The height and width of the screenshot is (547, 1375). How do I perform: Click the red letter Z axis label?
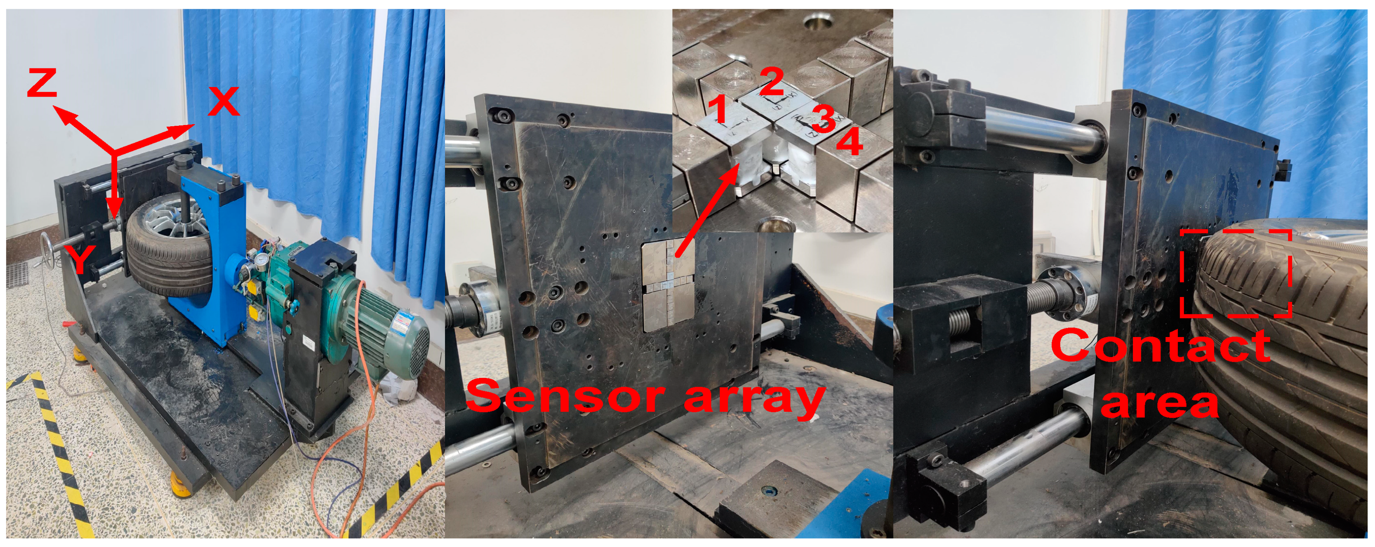click(42, 84)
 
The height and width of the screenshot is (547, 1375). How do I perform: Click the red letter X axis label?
click(223, 101)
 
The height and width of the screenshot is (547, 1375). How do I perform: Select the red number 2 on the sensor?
click(771, 82)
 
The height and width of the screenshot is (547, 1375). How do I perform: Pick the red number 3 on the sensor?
click(824, 118)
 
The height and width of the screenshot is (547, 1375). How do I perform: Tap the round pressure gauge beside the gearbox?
click(261, 259)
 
